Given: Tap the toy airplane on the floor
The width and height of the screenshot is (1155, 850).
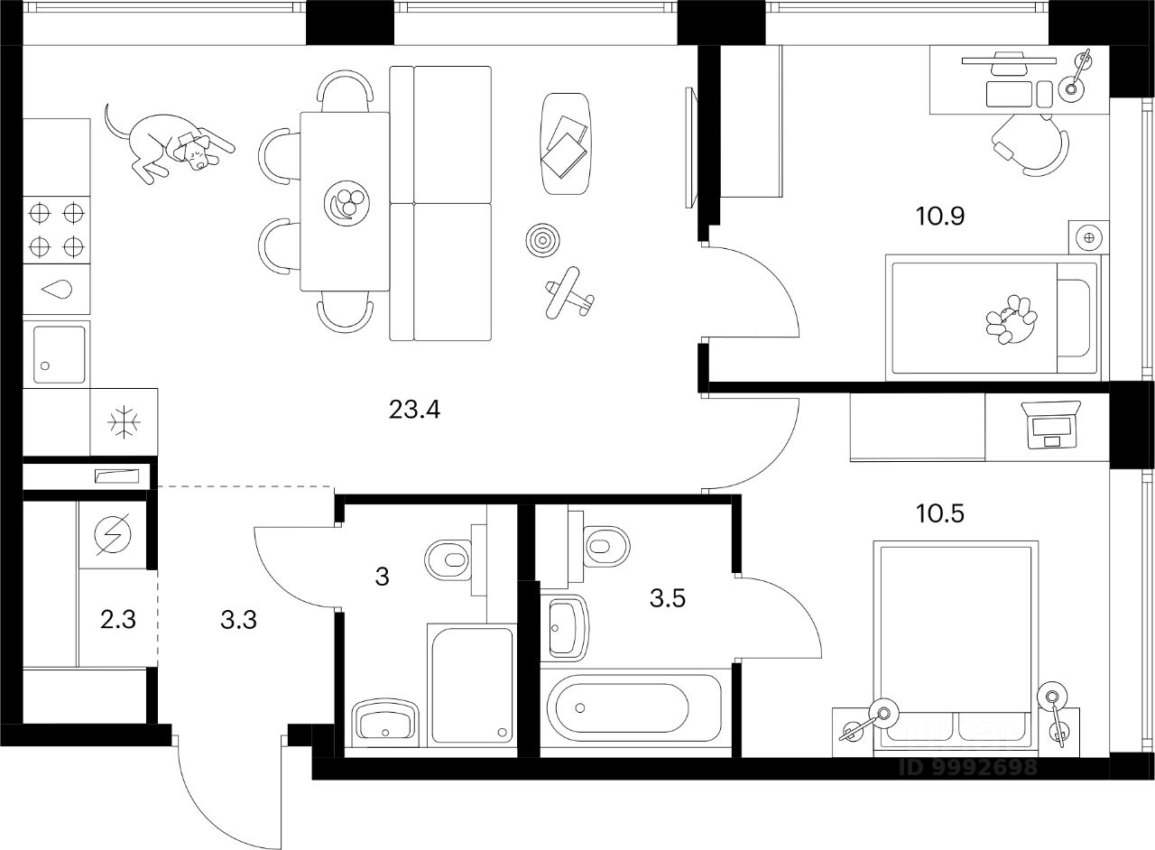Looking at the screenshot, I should coord(568,293).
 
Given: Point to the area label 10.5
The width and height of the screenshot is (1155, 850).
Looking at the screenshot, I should coord(940,513).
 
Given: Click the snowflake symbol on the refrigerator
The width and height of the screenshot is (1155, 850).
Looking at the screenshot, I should coord(124,422).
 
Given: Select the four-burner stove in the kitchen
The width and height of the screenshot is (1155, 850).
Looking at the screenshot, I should coord(56,229).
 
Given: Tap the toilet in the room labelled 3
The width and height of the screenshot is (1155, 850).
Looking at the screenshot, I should coord(448,558).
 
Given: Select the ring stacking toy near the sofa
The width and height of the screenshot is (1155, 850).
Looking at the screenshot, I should coord(542,239).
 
